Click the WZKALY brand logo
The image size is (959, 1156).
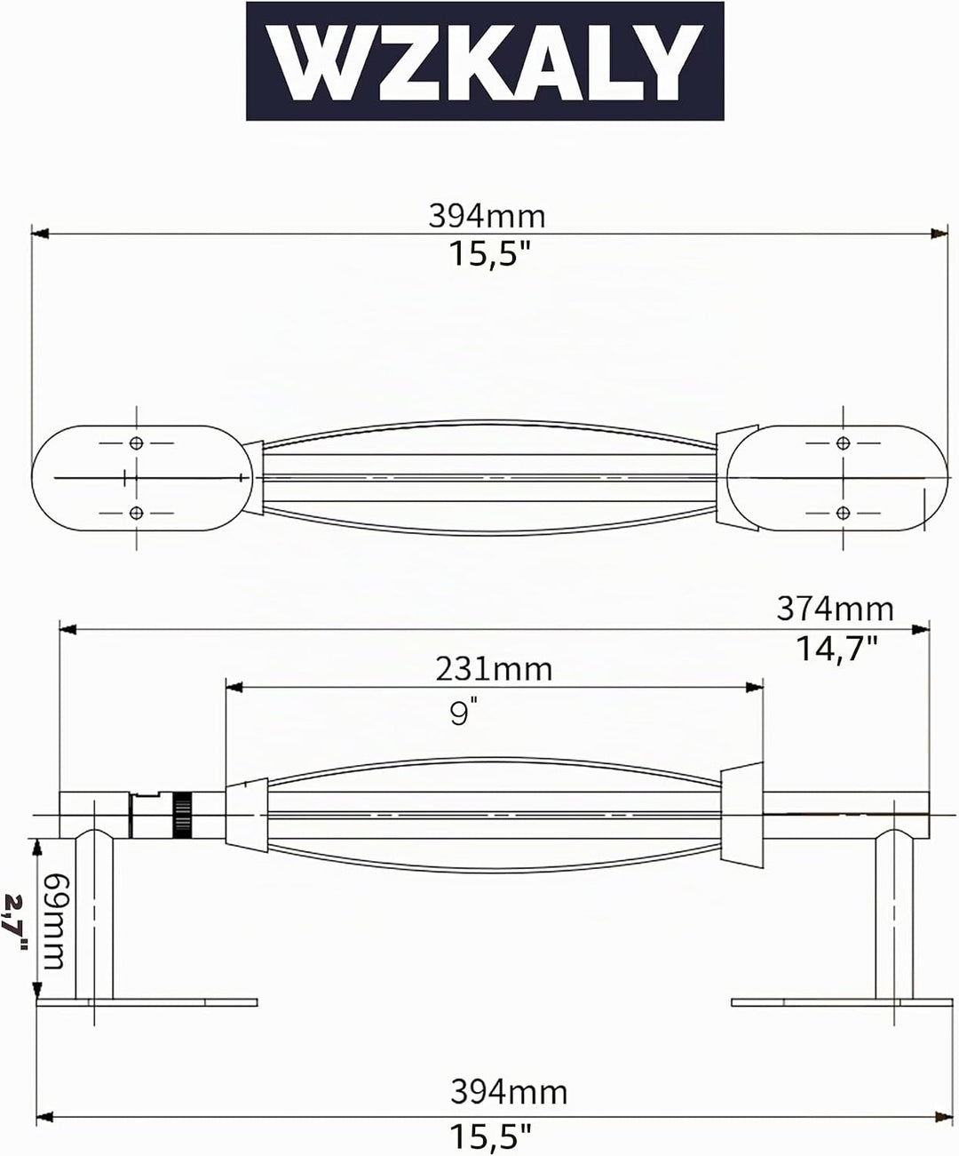pyautogui.click(x=485, y=61)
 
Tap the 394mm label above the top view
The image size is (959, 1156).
pyautogui.click(x=487, y=216)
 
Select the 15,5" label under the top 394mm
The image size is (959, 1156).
pyautogui.click(x=489, y=254)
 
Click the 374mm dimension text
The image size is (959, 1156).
pyautogui.click(x=835, y=609)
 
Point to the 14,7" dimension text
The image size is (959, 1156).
pyautogui.click(x=836, y=648)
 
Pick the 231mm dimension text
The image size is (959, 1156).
pyautogui.click(x=494, y=669)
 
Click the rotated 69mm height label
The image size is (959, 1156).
pyautogui.click(x=53, y=921)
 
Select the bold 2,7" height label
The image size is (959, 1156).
pyautogui.click(x=15, y=921)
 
